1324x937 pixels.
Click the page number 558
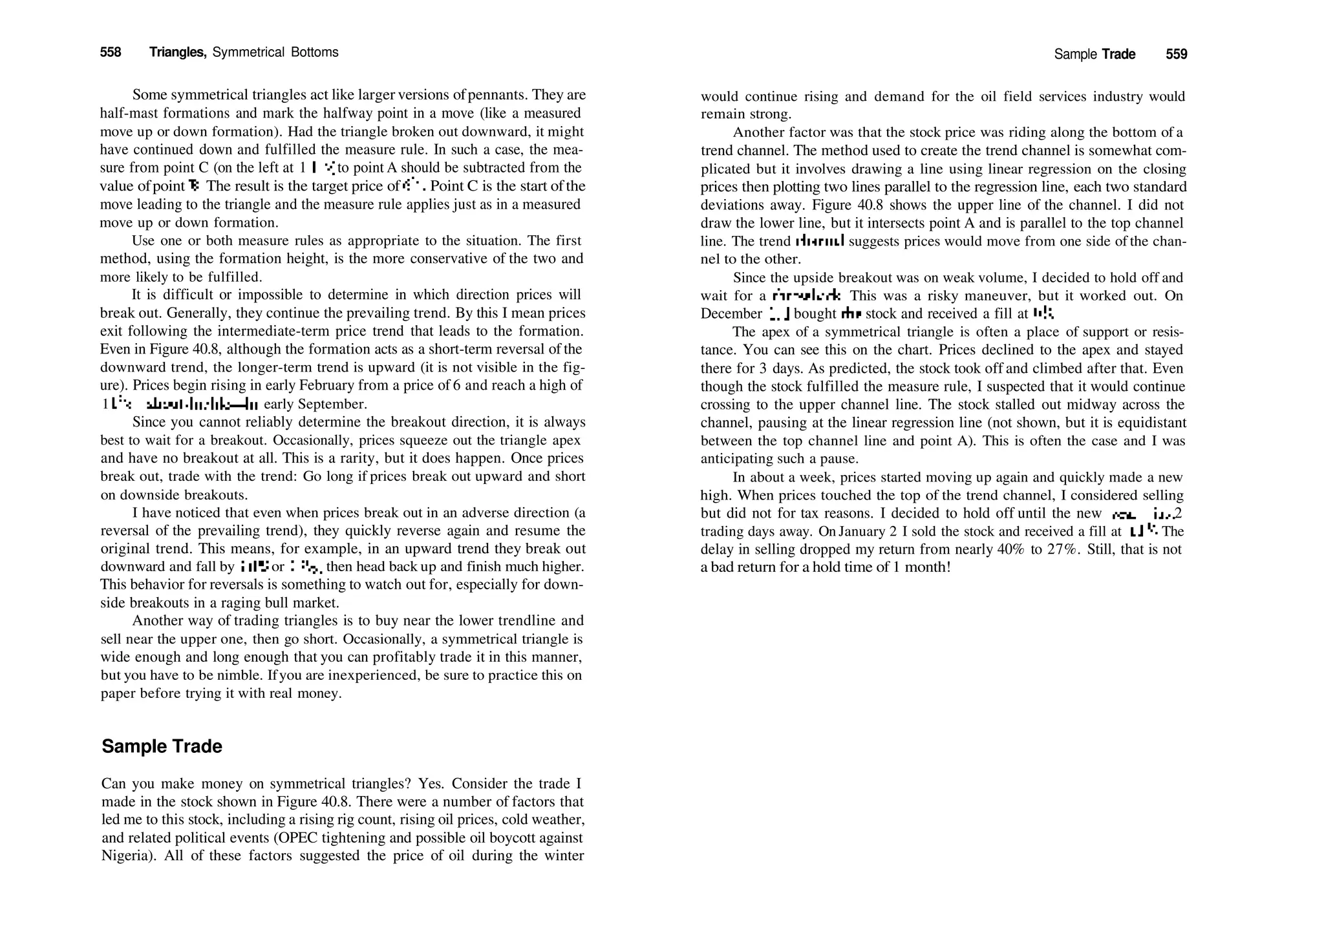(x=111, y=52)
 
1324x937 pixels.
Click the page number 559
(x=1176, y=54)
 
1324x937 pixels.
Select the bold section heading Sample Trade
(x=162, y=746)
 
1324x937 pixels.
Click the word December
(x=731, y=314)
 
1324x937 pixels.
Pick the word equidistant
(x=1149, y=423)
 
